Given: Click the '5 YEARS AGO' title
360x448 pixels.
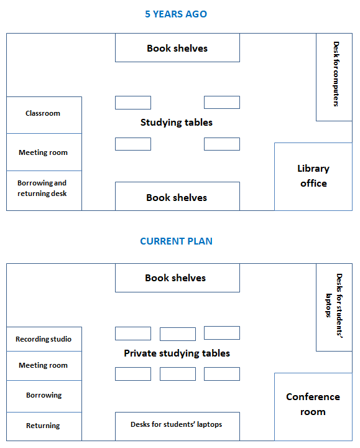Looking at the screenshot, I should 176,14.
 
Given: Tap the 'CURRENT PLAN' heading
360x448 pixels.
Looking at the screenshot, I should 176,241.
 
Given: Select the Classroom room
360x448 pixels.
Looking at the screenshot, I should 44,114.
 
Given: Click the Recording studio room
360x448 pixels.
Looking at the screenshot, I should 44,339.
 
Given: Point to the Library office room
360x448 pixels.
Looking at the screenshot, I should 313,176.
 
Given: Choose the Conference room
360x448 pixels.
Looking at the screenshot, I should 313,404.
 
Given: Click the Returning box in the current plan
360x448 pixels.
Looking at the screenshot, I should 44,426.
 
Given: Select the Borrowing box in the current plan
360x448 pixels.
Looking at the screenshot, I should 44,396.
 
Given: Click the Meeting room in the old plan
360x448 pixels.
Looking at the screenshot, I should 44,152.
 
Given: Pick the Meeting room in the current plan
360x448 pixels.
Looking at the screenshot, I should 44,366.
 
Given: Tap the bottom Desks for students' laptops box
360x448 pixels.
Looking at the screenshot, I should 177,426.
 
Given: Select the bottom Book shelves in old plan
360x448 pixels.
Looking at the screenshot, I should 177,197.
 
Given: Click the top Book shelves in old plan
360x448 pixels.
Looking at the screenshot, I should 177,48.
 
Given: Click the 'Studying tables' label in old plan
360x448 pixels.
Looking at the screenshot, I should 177,123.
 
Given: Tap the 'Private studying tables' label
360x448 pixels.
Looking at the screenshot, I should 177,353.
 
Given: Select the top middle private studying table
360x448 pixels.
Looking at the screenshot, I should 177,334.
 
